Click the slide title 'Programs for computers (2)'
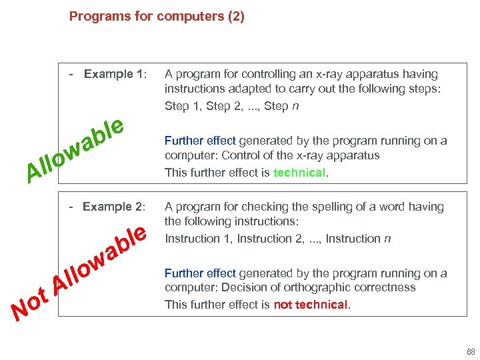(x=157, y=16)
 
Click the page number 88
(x=471, y=351)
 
